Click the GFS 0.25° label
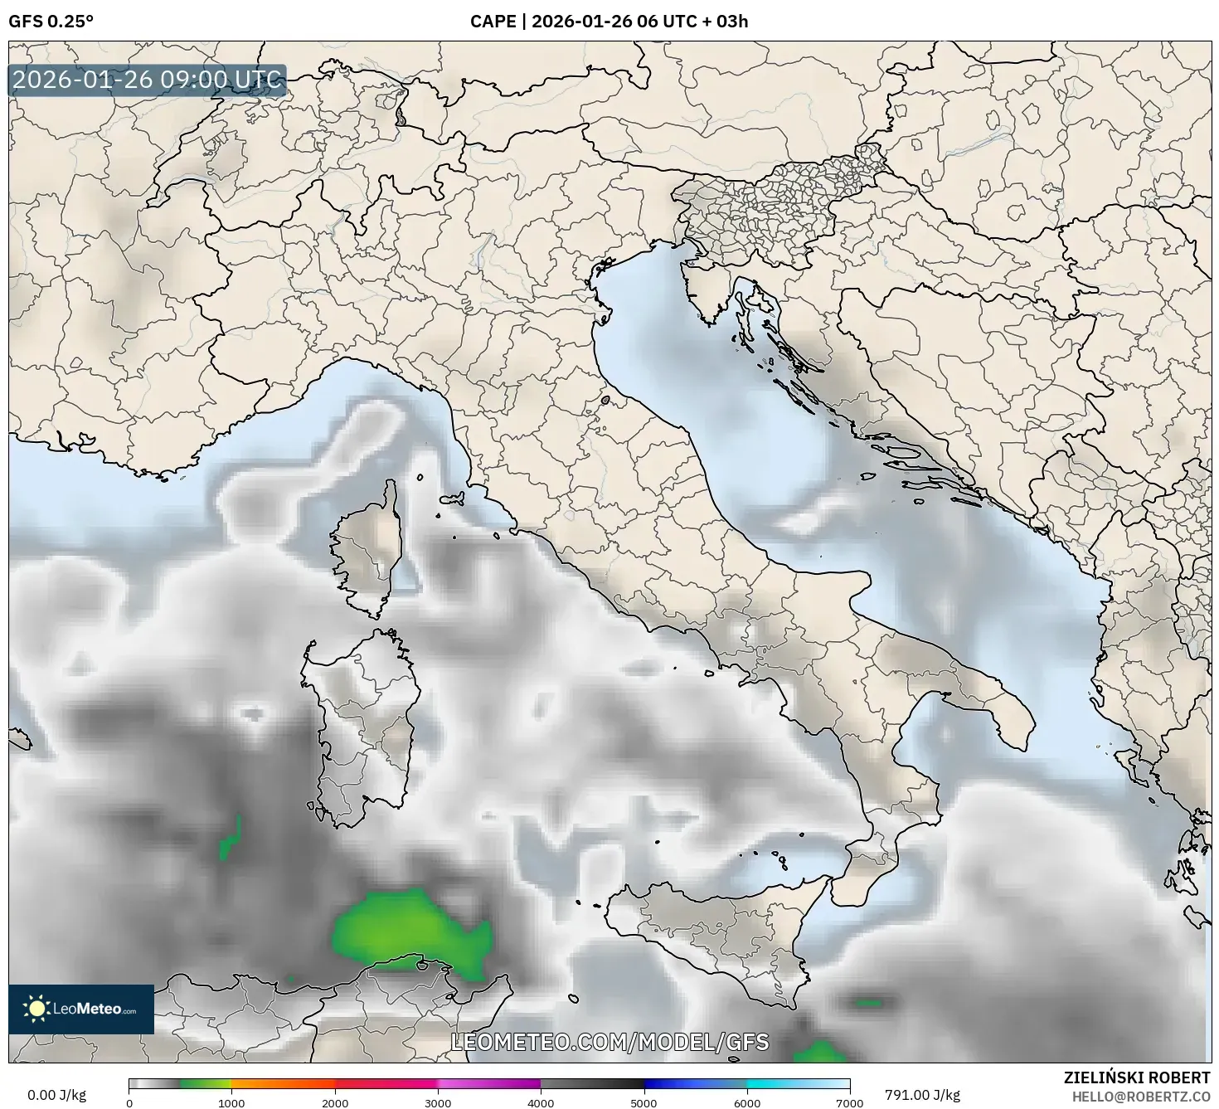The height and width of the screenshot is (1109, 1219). (51, 22)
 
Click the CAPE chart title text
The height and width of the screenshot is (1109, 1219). (609, 22)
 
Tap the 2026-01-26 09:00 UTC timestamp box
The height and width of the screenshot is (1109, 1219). (148, 80)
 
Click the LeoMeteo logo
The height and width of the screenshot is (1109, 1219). (81, 1009)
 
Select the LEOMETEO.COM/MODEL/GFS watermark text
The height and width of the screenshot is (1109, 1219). (609, 1042)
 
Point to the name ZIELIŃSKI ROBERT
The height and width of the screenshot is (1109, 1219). (1137, 1077)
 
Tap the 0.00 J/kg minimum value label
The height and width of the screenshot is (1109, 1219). (56, 1095)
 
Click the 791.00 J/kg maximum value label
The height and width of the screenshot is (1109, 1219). (922, 1095)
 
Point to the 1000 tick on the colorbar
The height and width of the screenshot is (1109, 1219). (231, 1102)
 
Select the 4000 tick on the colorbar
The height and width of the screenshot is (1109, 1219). (541, 1102)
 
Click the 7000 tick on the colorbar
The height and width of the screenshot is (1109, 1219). (849, 1102)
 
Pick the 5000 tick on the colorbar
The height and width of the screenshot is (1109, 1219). (644, 1102)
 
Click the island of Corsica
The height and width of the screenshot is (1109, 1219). (367, 547)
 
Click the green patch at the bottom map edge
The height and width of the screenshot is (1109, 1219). (819, 1053)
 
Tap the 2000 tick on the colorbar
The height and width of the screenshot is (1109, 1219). (335, 1102)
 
